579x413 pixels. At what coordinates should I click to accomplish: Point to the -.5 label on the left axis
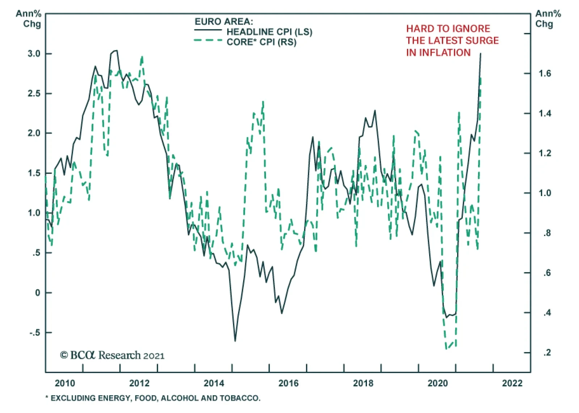(x=35, y=333)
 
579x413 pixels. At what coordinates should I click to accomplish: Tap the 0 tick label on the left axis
(x=38, y=293)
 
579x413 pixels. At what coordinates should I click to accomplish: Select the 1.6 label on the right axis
(x=545, y=73)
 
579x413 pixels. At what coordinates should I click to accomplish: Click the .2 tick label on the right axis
(x=547, y=352)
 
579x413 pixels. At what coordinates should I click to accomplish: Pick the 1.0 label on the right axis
(x=545, y=193)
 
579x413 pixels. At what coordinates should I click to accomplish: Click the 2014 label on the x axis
(x=214, y=383)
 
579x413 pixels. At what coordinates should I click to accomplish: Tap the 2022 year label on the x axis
(x=512, y=383)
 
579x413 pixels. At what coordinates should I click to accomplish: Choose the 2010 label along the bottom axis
(x=65, y=383)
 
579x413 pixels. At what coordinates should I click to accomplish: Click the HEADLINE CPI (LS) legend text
(x=269, y=32)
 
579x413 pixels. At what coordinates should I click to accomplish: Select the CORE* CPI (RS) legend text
(x=261, y=42)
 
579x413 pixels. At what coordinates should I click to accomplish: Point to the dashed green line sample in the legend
(x=208, y=41)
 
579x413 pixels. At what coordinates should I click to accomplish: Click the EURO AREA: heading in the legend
(x=224, y=22)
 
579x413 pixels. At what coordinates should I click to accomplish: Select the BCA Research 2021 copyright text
(x=112, y=355)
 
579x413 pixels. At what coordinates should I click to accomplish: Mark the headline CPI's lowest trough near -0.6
(x=235, y=341)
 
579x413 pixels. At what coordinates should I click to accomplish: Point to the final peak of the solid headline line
(x=481, y=54)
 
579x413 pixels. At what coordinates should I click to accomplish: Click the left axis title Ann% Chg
(x=29, y=19)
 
